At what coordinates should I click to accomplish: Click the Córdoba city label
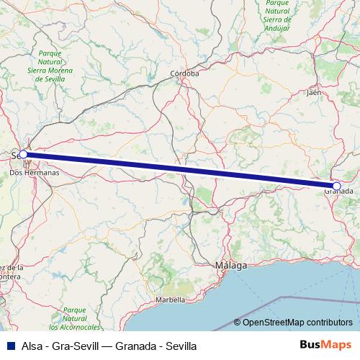click(184, 74)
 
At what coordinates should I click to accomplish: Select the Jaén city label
click(313, 93)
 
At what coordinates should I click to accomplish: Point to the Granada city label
click(338, 191)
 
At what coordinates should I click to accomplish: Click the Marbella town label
click(171, 300)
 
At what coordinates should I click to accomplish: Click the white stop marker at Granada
click(336, 186)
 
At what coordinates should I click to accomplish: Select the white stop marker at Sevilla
click(23, 154)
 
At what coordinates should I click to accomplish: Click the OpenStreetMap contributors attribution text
click(297, 323)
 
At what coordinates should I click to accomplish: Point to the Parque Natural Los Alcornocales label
click(74, 318)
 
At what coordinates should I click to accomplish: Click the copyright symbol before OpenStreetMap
click(238, 323)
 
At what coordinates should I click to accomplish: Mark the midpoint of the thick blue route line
click(180, 170)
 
